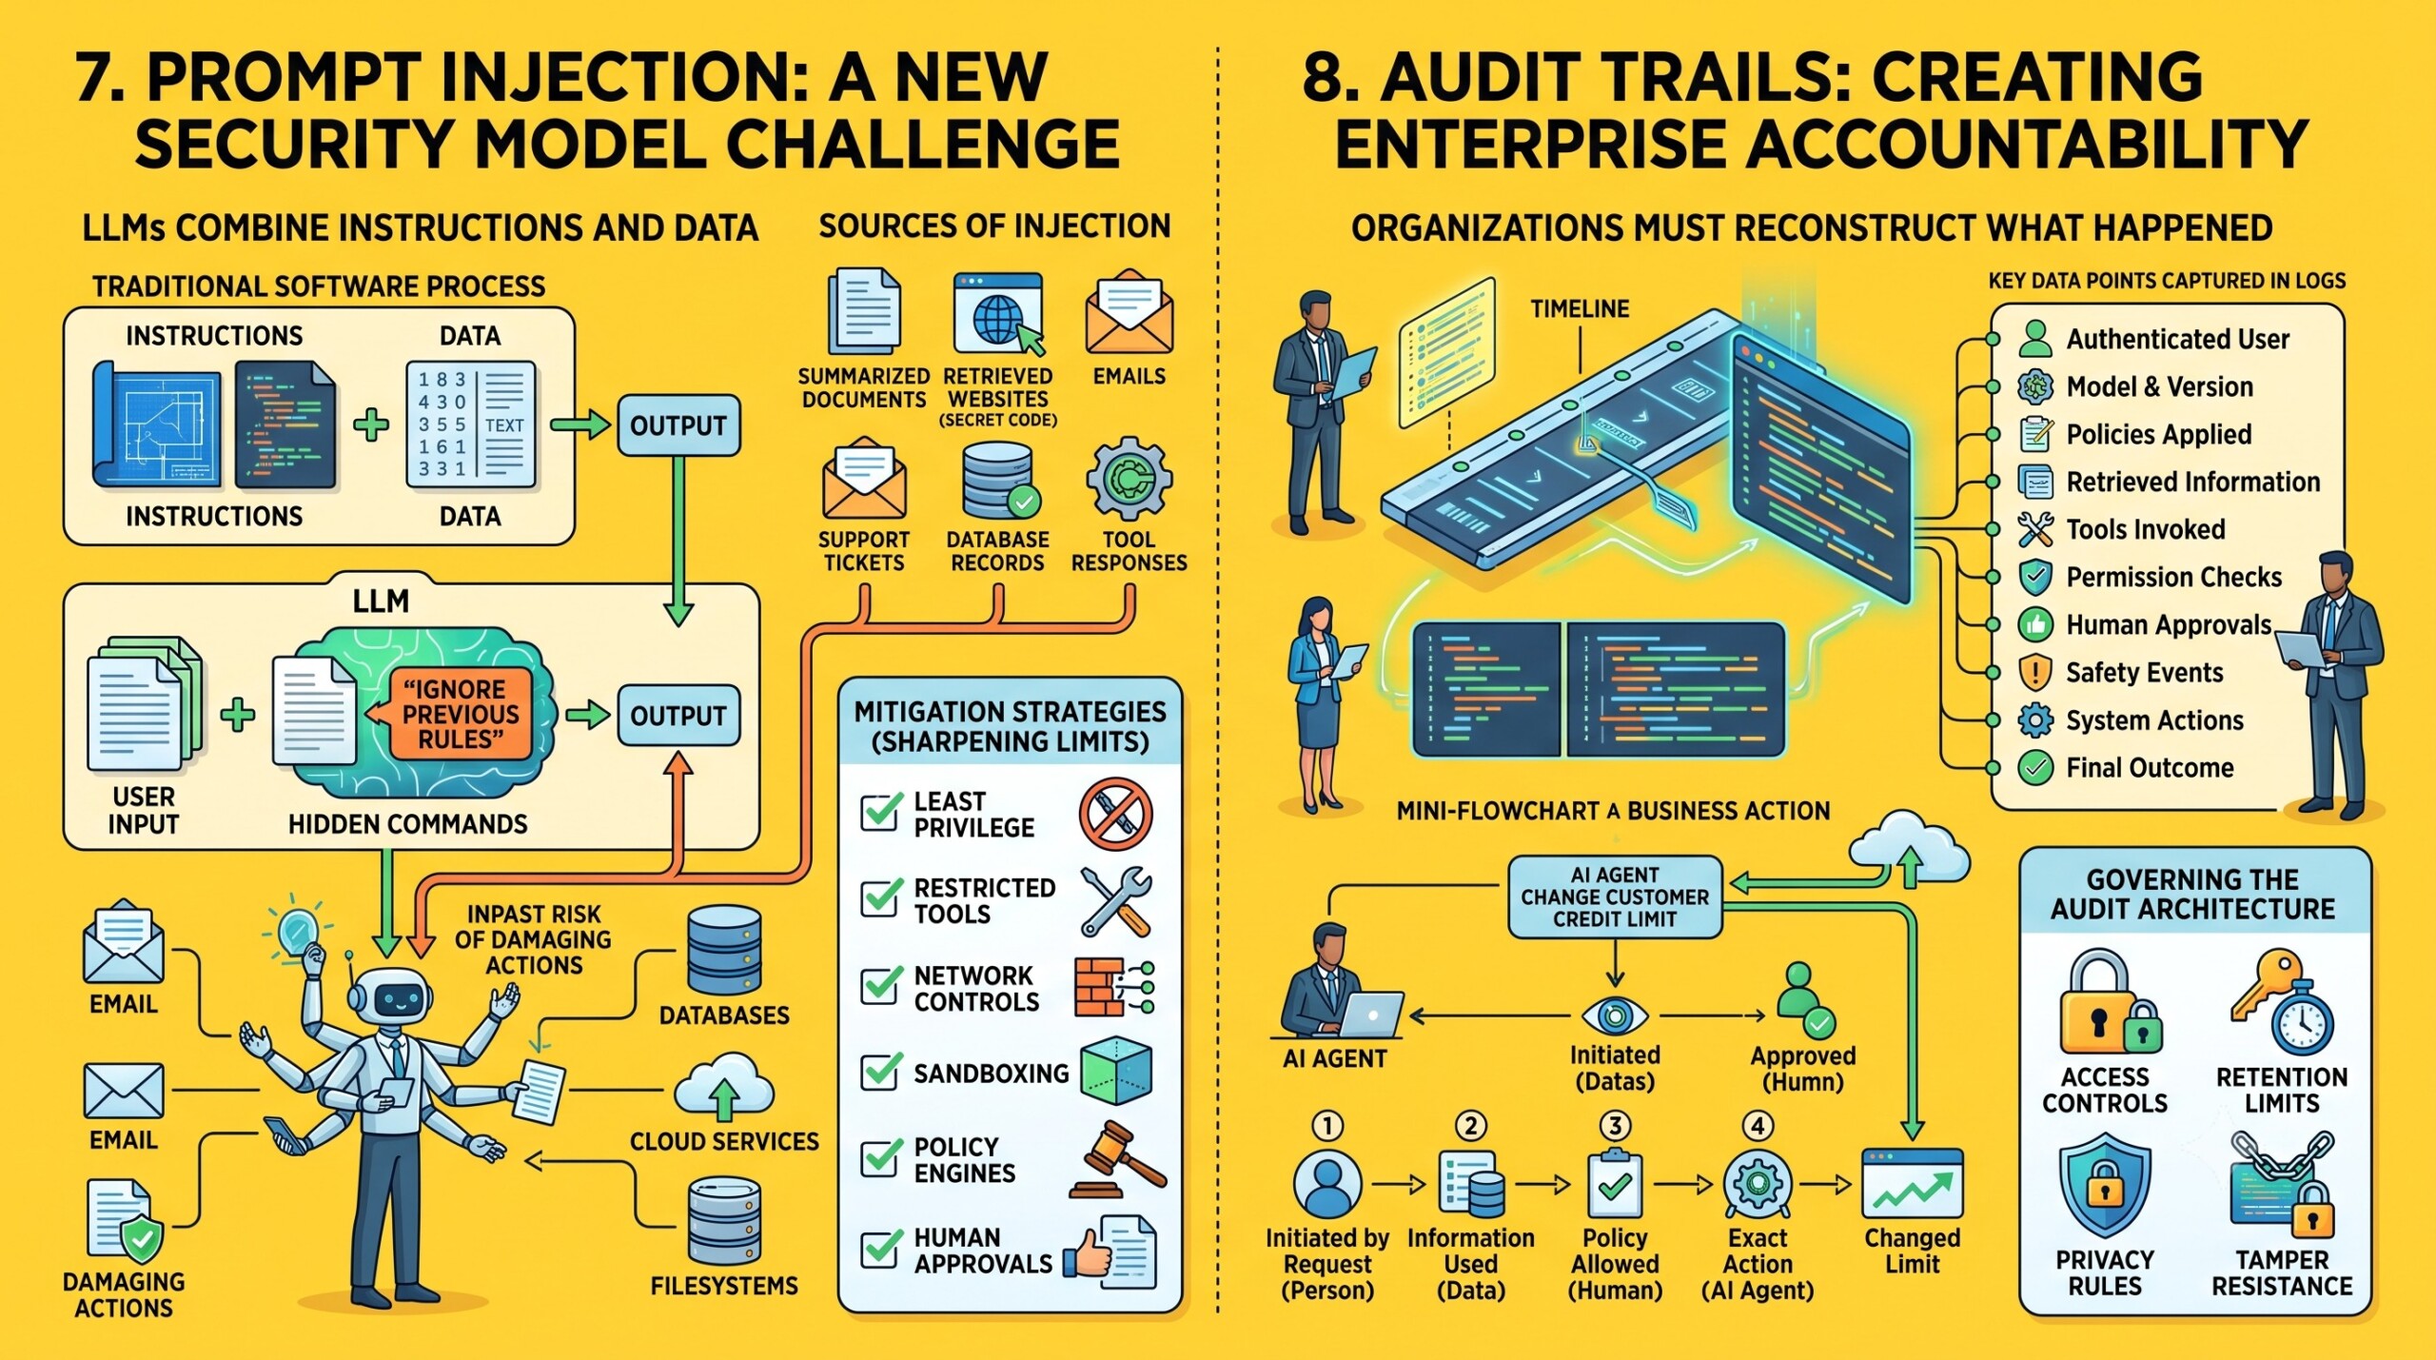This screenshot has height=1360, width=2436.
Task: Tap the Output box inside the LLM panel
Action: pos(678,715)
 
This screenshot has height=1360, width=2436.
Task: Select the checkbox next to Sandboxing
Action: pos(881,1072)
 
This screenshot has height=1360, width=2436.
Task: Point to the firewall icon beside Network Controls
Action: pos(1114,987)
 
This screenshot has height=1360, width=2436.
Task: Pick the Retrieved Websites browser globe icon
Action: pos(998,315)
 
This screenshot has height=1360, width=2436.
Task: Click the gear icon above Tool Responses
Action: pos(1129,479)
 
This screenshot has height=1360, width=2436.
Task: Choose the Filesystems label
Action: pos(724,1286)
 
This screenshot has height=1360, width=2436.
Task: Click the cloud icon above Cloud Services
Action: pos(724,1086)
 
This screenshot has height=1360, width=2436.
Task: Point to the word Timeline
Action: pos(1580,308)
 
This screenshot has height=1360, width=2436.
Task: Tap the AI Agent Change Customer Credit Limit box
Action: pos(1615,897)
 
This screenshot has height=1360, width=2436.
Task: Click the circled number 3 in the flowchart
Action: pos(1615,1126)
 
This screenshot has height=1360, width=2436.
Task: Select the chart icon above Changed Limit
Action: pos(1912,1183)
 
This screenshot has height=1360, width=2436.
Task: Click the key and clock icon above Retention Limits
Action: pos(2281,1002)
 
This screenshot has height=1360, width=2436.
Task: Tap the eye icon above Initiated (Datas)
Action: pos(1615,1016)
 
